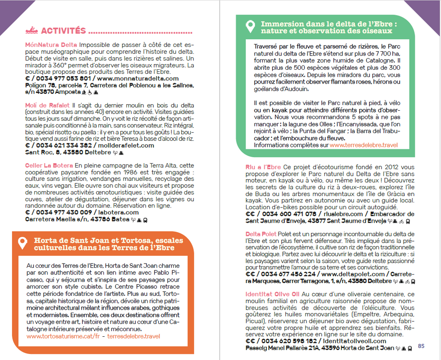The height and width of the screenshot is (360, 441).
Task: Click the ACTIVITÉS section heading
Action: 63,31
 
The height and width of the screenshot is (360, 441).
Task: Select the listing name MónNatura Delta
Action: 51,45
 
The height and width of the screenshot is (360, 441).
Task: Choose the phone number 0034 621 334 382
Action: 63,146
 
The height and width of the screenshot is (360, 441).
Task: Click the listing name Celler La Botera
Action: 49,165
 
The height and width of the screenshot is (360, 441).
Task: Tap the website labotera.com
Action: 119,212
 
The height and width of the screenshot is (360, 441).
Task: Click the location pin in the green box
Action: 250,27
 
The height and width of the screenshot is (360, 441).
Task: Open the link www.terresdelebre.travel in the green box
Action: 363,145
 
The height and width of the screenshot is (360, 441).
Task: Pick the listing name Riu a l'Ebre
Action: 263,167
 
